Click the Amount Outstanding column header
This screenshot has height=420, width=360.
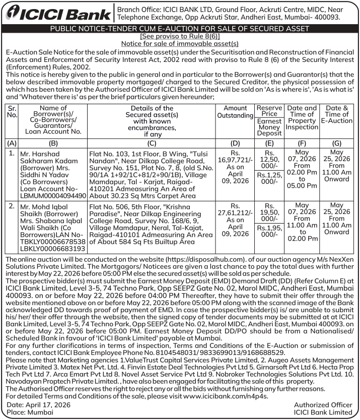[235, 112]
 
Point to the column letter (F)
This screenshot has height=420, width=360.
[302, 143]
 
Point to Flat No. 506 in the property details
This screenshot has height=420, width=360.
[109, 206]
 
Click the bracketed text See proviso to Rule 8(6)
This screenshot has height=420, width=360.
[180, 37]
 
